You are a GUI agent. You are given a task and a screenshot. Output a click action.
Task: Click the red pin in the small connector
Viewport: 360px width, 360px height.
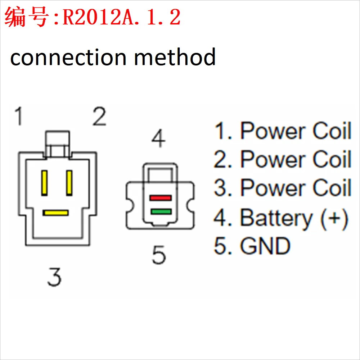pyautogui.click(x=161, y=198)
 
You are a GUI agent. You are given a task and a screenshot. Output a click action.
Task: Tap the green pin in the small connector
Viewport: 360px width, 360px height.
pyautogui.click(x=161, y=211)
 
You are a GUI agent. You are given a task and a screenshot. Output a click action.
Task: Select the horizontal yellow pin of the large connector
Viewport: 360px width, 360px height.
pyautogui.click(x=55, y=213)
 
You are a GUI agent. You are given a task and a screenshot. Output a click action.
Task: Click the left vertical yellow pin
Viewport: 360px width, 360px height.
pyautogui.click(x=45, y=183)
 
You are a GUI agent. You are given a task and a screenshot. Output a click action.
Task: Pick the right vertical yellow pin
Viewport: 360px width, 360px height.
pyautogui.click(x=69, y=183)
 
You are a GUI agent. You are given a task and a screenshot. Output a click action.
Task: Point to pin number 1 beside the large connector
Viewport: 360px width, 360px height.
pyautogui.click(x=19, y=117)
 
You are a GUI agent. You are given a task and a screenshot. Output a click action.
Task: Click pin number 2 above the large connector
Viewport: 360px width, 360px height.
pyautogui.click(x=99, y=117)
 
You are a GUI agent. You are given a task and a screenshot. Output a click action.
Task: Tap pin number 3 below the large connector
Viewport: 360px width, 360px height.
pyautogui.click(x=54, y=277)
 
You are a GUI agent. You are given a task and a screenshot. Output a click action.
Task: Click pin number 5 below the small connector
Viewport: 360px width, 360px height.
pyautogui.click(x=159, y=255)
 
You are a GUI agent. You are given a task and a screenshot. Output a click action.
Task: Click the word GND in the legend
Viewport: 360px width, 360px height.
pyautogui.click(x=265, y=246)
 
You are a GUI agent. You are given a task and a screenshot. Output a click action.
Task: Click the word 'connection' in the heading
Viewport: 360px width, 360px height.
pyautogui.click(x=68, y=58)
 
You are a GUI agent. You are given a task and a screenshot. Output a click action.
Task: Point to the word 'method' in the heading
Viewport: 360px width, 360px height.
pyautogui.click(x=175, y=58)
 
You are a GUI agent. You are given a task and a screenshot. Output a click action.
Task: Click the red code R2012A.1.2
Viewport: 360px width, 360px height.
pyautogui.click(x=122, y=17)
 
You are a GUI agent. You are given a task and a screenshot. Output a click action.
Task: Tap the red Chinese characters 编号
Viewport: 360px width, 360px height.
pyautogui.click(x=27, y=17)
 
